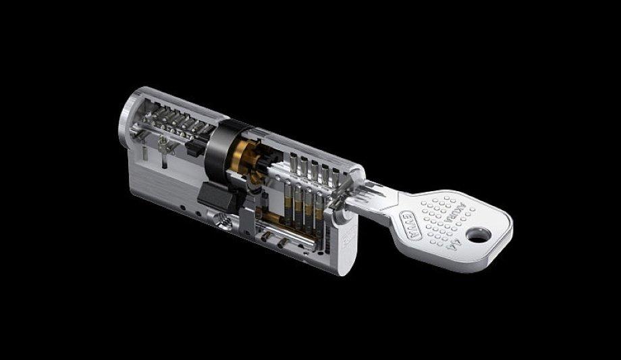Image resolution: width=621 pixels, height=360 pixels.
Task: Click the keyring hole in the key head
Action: click(478, 234)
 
